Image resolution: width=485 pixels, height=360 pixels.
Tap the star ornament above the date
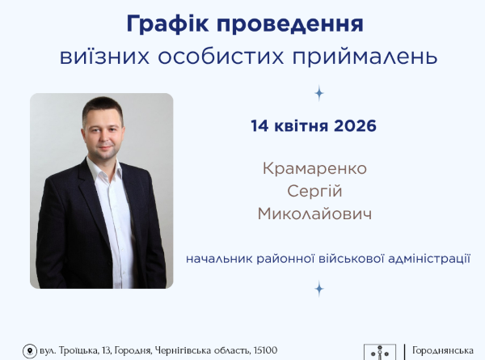[318, 93]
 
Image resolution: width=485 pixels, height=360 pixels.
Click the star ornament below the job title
[318, 288]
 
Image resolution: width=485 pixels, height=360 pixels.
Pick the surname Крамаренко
[315, 169]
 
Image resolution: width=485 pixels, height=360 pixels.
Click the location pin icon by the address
[29, 351]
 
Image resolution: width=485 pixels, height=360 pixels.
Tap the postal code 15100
[264, 350]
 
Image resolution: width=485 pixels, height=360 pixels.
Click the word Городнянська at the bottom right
[443, 350]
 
